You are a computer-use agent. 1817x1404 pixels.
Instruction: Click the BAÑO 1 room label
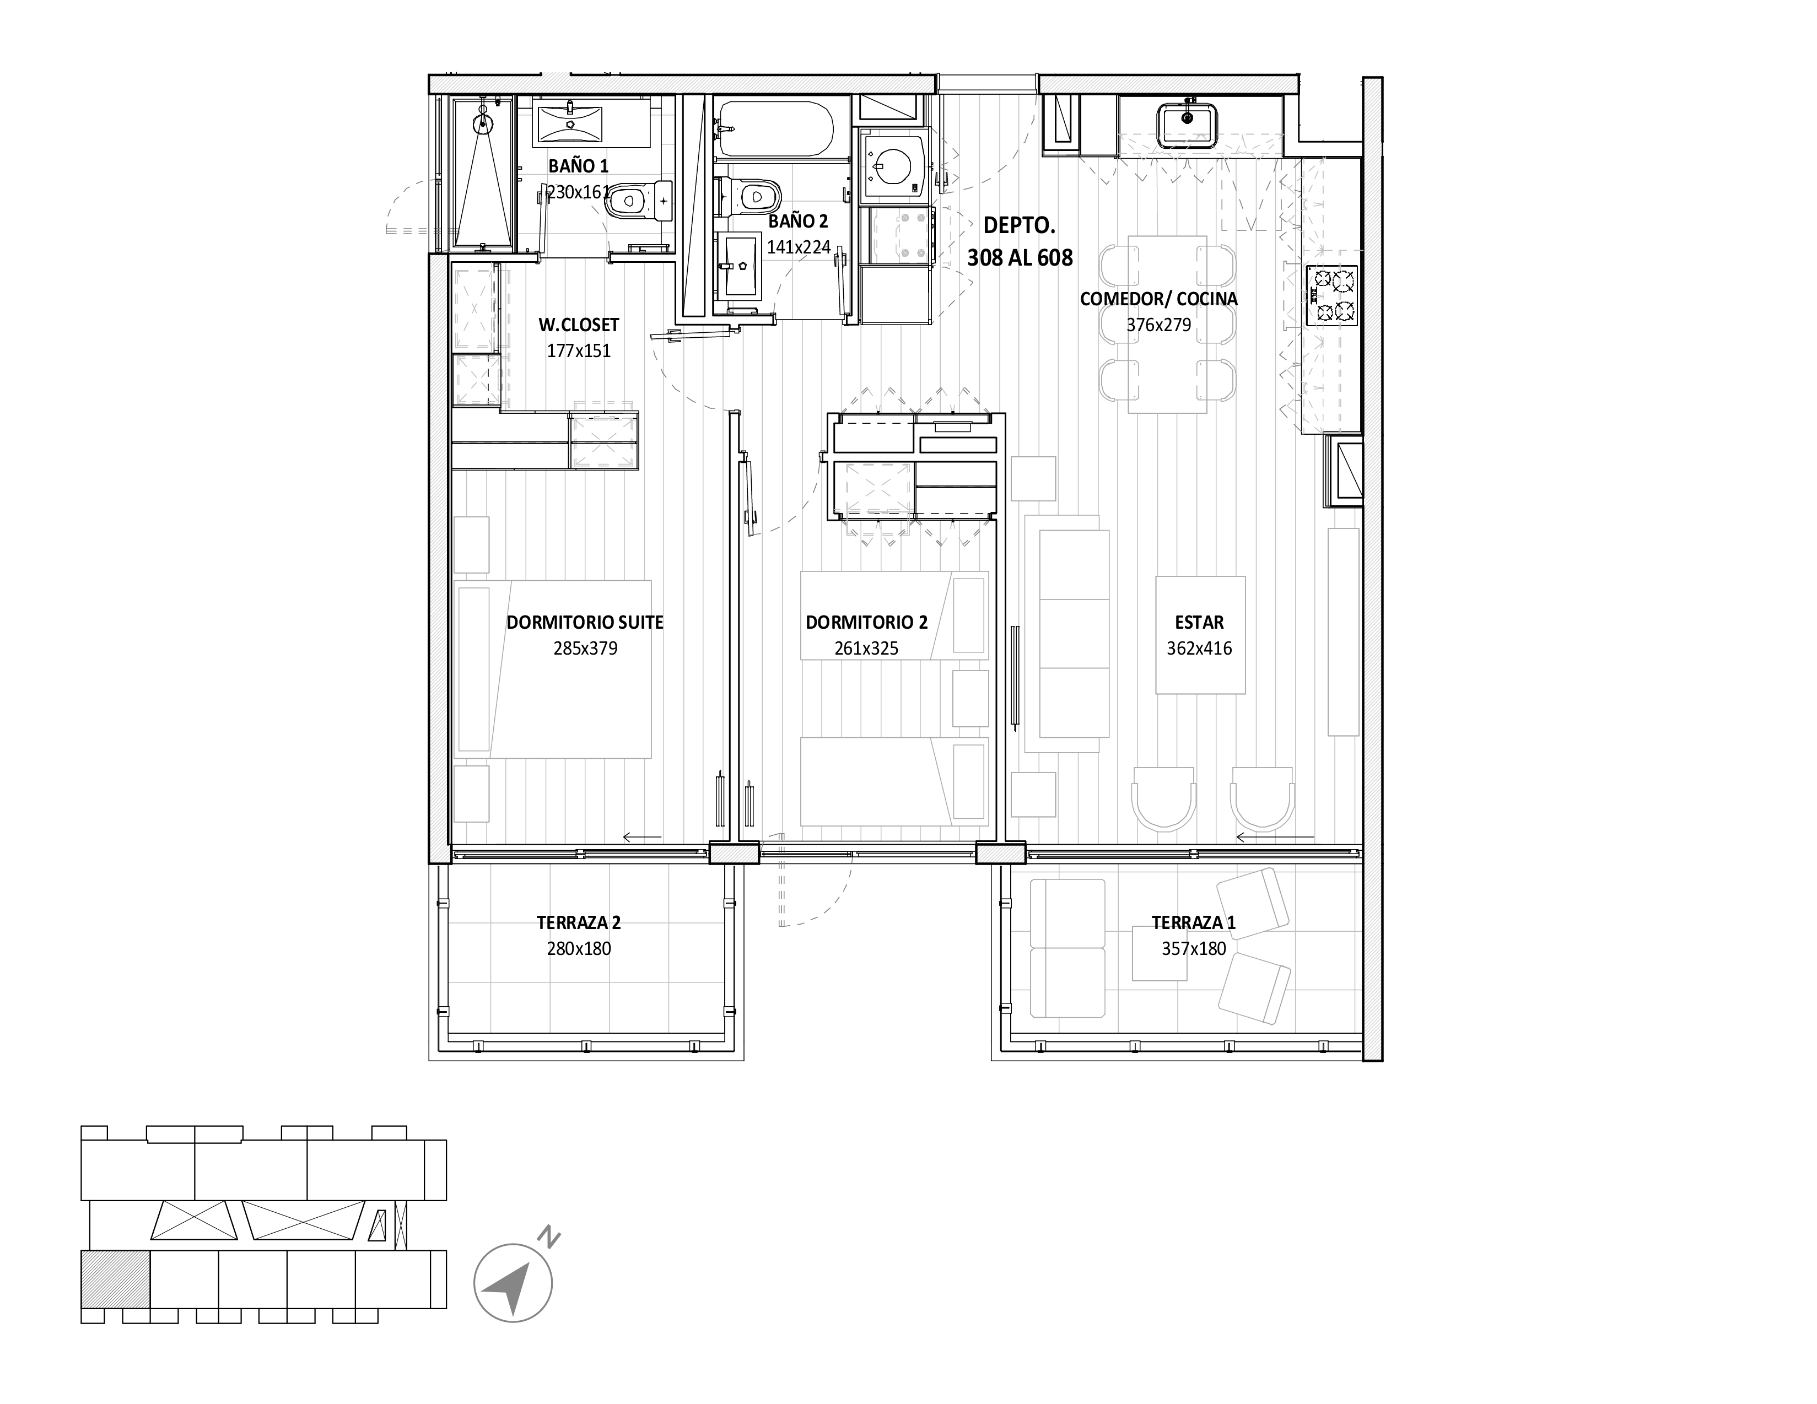click(578, 165)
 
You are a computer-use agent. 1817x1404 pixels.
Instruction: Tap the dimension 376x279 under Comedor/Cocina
click(1159, 325)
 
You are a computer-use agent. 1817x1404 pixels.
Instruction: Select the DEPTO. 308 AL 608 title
click(1020, 241)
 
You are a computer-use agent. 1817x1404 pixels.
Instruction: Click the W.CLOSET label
click(579, 325)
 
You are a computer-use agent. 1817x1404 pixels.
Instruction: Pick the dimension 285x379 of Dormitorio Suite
click(586, 649)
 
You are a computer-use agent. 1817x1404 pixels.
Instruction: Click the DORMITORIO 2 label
click(866, 622)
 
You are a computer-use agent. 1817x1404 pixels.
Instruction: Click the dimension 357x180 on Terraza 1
click(1194, 949)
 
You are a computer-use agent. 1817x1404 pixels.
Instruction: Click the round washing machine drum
click(891, 164)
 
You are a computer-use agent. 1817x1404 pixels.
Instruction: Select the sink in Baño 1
click(570, 123)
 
